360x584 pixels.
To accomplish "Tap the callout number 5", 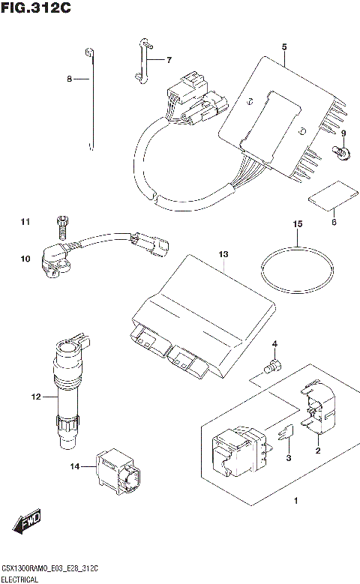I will pyautogui.click(x=284, y=47).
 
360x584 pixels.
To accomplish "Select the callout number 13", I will pyautogui.click(x=222, y=256).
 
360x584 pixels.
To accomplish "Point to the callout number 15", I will pyautogui.click(x=297, y=224).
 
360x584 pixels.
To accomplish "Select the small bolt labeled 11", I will pyautogui.click(x=61, y=224).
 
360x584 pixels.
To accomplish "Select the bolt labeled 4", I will pyautogui.click(x=273, y=366).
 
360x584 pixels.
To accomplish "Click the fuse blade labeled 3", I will pyautogui.click(x=285, y=436).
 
